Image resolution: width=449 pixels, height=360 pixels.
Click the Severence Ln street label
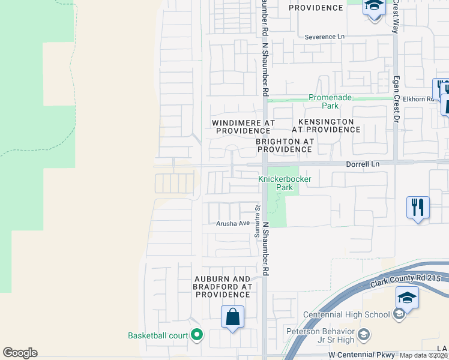point(325,37)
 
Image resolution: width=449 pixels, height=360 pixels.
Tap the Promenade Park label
point(330,101)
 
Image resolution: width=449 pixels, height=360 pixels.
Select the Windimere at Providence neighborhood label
point(243,127)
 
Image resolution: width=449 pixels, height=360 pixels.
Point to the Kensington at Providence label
point(327,125)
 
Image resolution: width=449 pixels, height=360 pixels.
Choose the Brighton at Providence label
point(285,145)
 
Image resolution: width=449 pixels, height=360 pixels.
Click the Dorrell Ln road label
point(363,163)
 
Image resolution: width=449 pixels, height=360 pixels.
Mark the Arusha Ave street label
point(233,223)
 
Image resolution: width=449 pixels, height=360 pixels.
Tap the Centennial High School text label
point(346,315)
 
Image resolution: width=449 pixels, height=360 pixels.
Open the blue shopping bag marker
point(232,316)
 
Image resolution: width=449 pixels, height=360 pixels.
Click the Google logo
point(20,353)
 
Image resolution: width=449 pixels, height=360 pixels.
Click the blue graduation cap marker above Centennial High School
point(407,298)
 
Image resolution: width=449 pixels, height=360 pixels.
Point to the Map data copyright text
point(424,355)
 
